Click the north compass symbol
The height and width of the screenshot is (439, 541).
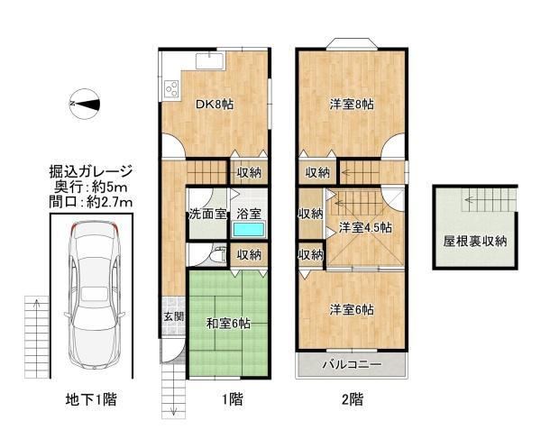click(85, 104)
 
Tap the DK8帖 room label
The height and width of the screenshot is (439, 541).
click(215, 104)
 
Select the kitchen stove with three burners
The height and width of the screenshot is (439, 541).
click(171, 88)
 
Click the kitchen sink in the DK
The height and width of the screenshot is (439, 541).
click(210, 61)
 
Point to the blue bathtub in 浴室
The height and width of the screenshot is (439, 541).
click(249, 229)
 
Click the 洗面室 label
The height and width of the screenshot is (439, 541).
click(207, 215)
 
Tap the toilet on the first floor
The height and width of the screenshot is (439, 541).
click(217, 255)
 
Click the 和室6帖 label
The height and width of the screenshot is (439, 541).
click(228, 324)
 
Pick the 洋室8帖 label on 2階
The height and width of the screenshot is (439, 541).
click(352, 104)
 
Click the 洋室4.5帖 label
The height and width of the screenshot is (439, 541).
click(365, 227)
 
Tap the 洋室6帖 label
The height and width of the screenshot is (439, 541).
click(352, 310)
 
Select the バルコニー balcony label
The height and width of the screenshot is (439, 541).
click(352, 364)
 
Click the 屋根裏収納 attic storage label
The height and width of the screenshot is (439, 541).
click(475, 241)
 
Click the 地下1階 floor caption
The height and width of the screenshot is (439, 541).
click(91, 399)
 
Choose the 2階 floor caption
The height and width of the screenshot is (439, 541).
click(353, 399)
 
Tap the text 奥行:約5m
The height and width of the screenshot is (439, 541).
click(91, 187)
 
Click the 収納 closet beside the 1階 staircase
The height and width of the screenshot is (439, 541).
click(249, 172)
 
